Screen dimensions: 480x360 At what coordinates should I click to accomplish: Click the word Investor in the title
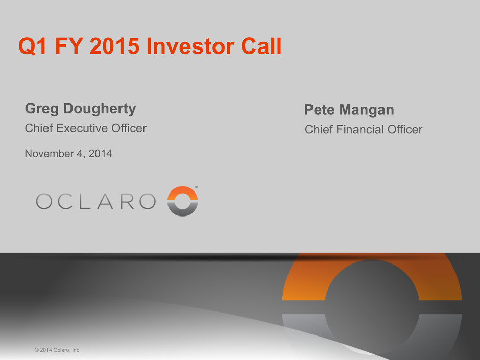[x=190, y=46]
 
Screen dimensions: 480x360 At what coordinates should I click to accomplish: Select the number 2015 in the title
[x=114, y=46]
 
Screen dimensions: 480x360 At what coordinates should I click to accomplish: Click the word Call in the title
[x=261, y=46]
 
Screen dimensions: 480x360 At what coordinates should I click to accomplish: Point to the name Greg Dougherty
[x=81, y=109]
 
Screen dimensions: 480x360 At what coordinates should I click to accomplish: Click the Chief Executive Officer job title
[x=86, y=128]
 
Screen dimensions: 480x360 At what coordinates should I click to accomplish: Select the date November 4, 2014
[x=68, y=153]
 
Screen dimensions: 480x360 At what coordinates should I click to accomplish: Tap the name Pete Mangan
[x=349, y=110]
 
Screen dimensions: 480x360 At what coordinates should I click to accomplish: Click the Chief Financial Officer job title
[x=364, y=129]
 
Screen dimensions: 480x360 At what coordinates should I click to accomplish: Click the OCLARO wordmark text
[x=96, y=201]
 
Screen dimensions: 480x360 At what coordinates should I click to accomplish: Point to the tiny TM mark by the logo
[x=196, y=187]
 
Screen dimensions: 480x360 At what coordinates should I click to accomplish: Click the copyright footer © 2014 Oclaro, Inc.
[x=57, y=350]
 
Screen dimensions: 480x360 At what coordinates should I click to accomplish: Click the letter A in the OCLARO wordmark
[x=105, y=201]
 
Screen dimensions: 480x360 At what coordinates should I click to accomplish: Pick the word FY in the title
[x=68, y=46]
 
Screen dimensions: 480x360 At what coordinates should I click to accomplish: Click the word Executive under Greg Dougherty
[x=82, y=128]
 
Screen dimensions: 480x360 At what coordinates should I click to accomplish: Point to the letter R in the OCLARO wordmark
[x=127, y=201]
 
